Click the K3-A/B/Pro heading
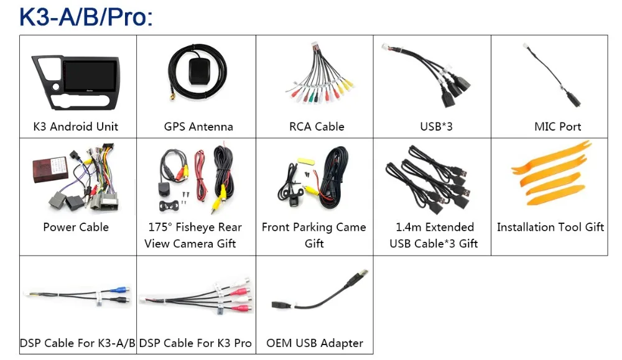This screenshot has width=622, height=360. point(86,17)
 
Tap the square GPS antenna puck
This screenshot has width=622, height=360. point(200,72)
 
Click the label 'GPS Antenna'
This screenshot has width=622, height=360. point(198,126)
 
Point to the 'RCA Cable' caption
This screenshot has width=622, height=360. point(317,126)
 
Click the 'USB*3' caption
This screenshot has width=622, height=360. point(436,126)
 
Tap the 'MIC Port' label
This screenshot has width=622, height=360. point(557,126)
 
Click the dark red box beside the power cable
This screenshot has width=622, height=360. point(50,169)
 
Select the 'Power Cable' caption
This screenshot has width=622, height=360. point(76,227)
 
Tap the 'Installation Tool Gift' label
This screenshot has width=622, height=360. point(550,227)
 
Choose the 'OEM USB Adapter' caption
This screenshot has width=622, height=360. point(315,343)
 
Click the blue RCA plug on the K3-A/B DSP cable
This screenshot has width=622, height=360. point(121,290)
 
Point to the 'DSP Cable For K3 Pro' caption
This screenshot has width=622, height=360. point(195,343)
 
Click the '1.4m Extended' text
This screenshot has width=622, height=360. point(435,227)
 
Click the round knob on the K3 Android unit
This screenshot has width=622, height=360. point(56,87)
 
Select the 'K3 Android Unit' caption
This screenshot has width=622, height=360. point(76,126)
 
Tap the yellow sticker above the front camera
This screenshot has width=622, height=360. point(306,162)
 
